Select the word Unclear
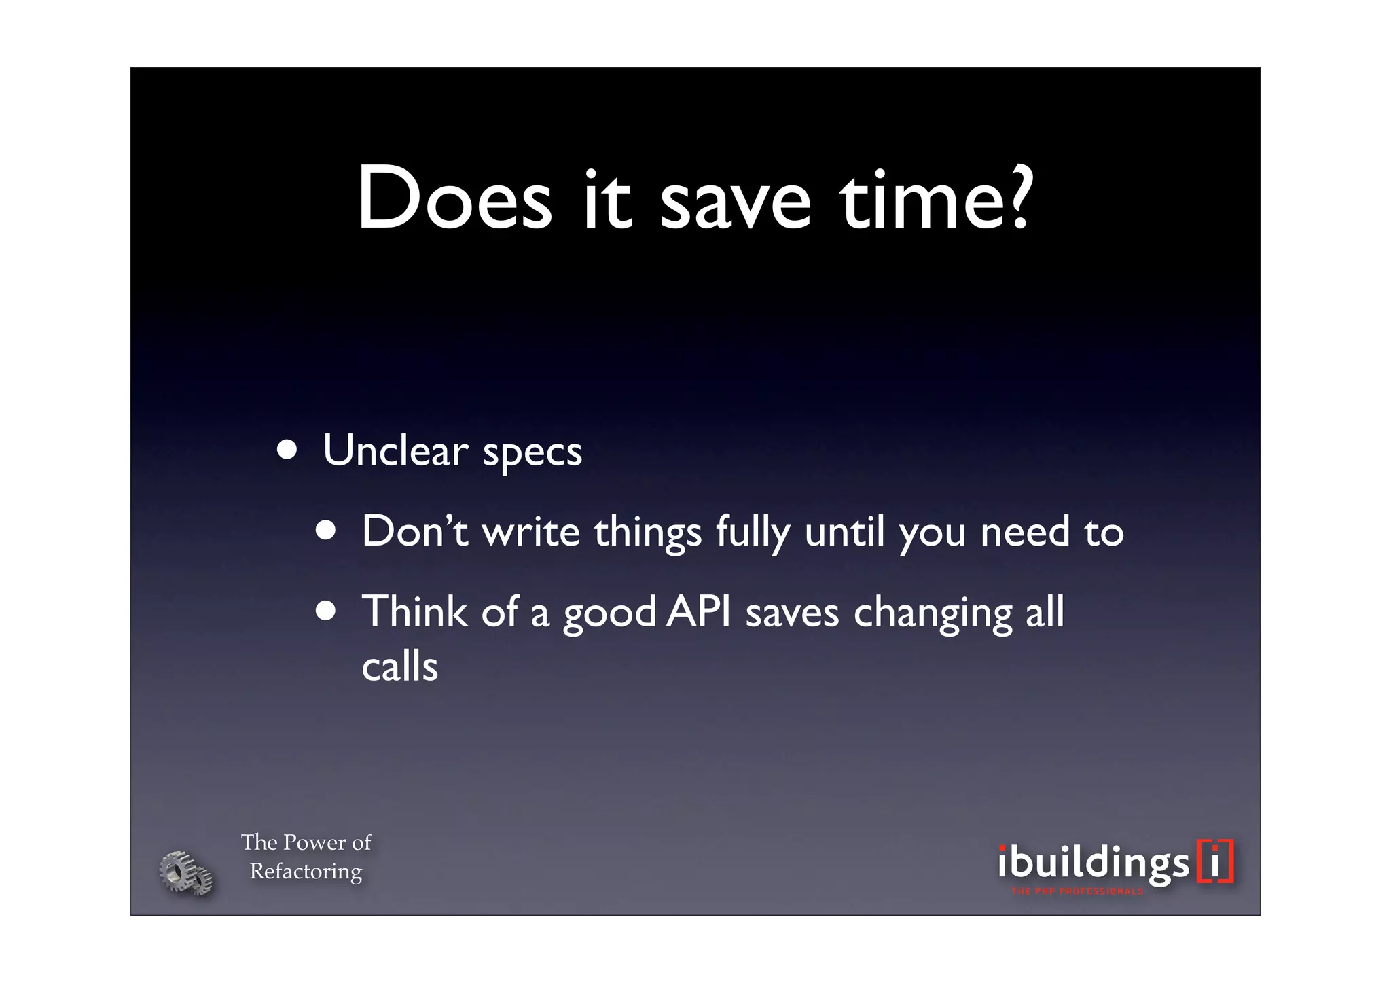395,450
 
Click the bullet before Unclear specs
287,450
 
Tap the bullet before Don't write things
326,531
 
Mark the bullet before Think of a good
326,611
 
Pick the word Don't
414,531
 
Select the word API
698,611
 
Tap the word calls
399,666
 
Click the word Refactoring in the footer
306,872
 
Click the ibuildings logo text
1094,863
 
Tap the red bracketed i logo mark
1215,861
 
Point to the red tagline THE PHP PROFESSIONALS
1077,891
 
